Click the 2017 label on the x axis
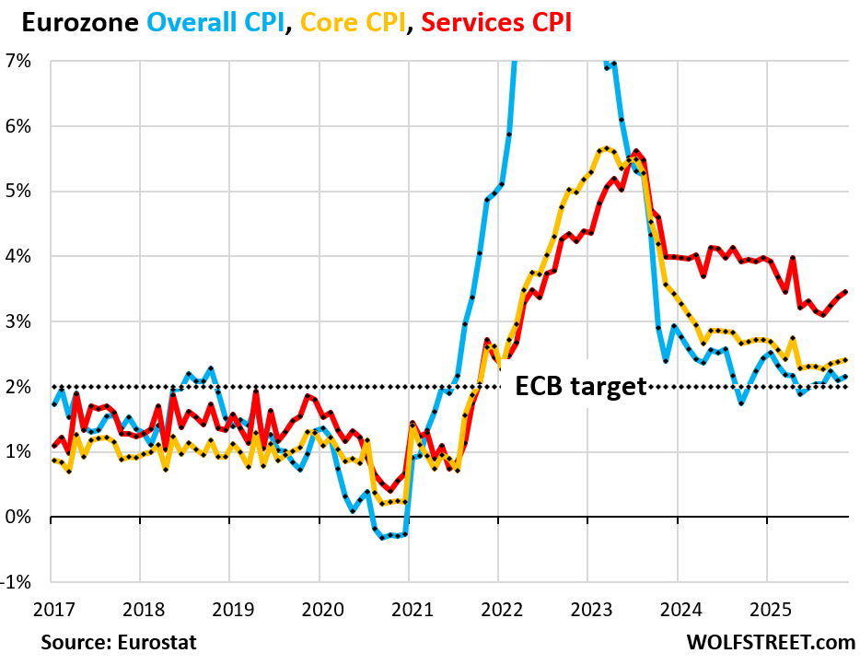(x=51, y=610)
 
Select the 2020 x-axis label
(x=319, y=610)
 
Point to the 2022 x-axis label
(x=498, y=610)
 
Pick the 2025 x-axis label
(x=767, y=610)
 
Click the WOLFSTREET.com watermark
(x=770, y=641)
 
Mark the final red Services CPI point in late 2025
(x=845, y=291)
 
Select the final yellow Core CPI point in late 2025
(x=845, y=360)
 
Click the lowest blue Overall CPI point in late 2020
(x=383, y=537)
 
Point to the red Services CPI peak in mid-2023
(x=635, y=151)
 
